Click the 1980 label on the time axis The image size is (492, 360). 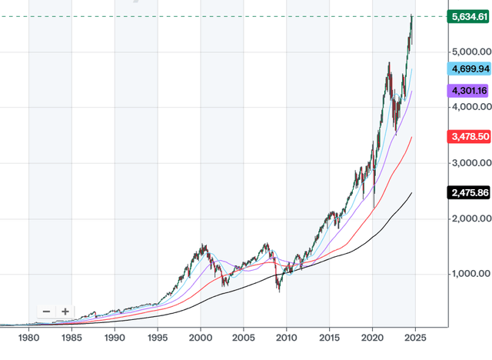coord(28,338)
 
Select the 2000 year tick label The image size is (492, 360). coord(200,338)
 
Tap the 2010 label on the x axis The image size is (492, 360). coord(286,338)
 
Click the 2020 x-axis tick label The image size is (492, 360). coord(372,338)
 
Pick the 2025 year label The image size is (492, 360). coord(415,338)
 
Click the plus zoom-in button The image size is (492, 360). coord(65,312)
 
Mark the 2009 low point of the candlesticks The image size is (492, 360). coord(278,292)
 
